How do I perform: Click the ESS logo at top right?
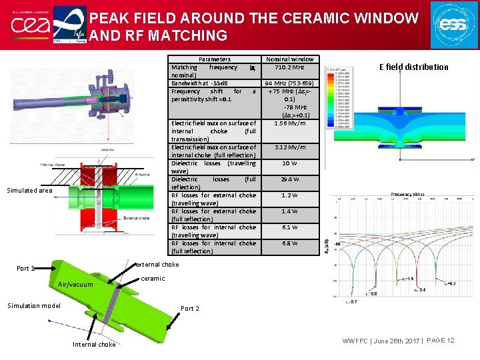click(453, 24)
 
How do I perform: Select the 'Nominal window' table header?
click(289, 59)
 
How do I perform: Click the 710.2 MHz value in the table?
click(289, 67)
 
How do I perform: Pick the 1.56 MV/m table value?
click(289, 123)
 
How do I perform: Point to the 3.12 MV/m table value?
click(289, 147)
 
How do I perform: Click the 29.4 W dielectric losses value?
click(289, 179)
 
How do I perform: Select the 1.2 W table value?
click(289, 195)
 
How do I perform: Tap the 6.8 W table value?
click(289, 243)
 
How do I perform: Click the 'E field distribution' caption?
click(413, 67)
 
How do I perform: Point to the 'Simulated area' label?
click(29, 191)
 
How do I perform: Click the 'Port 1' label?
click(25, 269)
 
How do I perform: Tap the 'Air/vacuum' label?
click(75, 285)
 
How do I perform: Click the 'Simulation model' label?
click(34, 306)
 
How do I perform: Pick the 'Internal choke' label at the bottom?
click(93, 345)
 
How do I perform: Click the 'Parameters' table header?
click(215, 59)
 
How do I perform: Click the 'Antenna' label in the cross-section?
click(142, 175)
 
